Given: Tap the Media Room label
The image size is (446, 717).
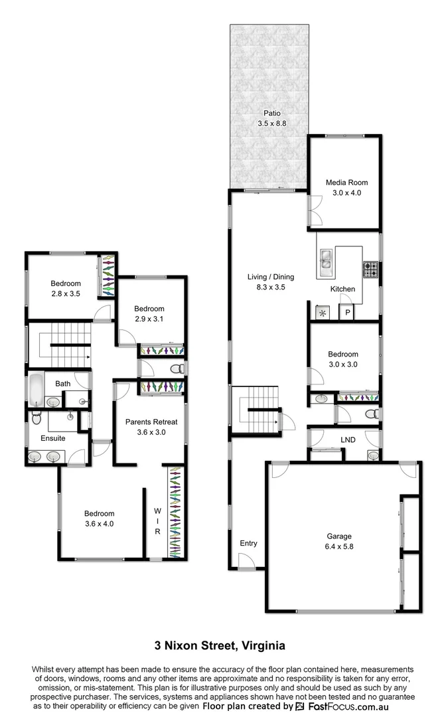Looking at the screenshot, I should (346, 188).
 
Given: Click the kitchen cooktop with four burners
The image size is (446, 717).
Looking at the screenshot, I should (370, 270).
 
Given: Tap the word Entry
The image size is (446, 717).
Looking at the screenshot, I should (248, 544).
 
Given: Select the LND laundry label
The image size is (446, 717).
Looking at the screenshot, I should (348, 440).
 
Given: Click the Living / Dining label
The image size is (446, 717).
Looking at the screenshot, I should (270, 282).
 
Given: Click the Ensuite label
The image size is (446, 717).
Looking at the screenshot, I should (53, 438).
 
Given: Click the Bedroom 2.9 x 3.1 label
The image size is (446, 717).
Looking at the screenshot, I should (149, 313).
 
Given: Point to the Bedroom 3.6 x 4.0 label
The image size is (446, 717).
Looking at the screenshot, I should (100, 518).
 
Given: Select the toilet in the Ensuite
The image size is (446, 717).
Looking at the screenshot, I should (37, 418).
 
